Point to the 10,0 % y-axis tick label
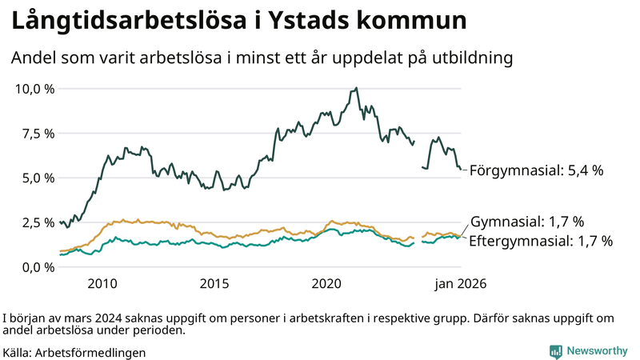click(x=35, y=88)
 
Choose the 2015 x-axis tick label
click(x=214, y=283)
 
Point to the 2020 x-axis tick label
click(x=326, y=283)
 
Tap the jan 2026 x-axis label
click(x=460, y=283)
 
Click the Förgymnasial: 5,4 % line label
click(x=535, y=170)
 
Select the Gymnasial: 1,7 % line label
click(x=527, y=222)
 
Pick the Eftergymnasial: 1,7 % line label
click(x=540, y=240)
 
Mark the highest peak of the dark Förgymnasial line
click(x=356, y=88)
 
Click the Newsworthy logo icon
click(x=555, y=351)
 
